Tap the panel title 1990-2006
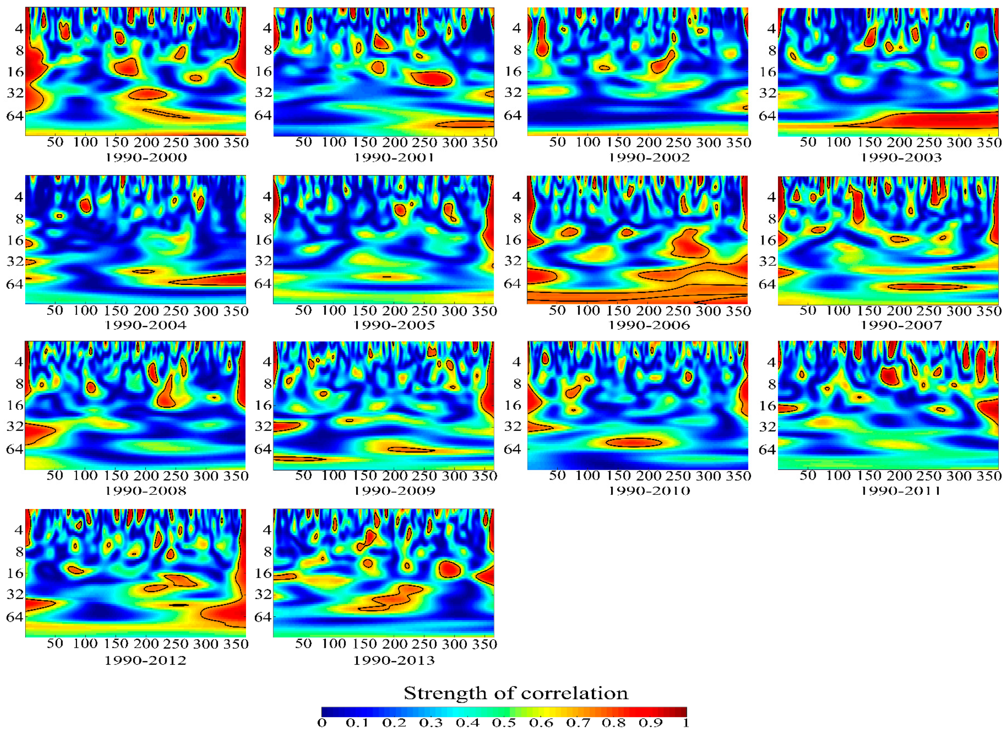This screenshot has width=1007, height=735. coord(649,325)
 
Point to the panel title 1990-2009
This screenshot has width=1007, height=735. coord(394,491)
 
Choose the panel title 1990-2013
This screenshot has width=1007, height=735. coord(394,660)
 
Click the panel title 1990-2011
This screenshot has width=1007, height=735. coord(901,491)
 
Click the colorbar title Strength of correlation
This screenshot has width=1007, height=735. coord(516,693)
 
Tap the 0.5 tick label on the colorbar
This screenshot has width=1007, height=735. coord(504,723)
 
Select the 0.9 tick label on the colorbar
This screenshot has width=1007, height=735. coord(651,723)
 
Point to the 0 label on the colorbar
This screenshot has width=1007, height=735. coord(322,723)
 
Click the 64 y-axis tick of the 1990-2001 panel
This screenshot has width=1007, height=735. coord(263,115)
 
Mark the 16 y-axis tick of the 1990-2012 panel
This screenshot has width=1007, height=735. coord(15,573)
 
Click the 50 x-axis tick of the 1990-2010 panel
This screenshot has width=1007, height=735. coord(557,476)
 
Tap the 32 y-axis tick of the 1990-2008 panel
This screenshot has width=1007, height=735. coord(15,426)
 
